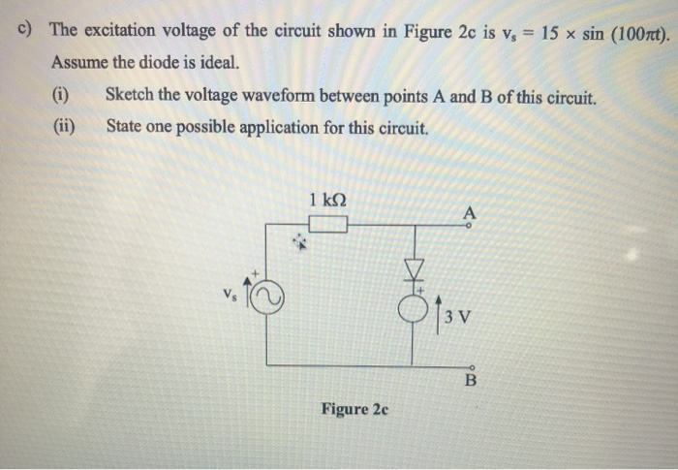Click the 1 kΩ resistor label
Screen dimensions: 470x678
click(327, 200)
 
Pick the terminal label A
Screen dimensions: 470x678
click(470, 212)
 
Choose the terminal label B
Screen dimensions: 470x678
click(471, 381)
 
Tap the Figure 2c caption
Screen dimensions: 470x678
click(354, 409)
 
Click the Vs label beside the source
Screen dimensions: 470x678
click(229, 291)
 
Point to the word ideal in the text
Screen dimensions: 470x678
click(215, 64)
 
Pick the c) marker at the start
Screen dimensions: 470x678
click(26, 29)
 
